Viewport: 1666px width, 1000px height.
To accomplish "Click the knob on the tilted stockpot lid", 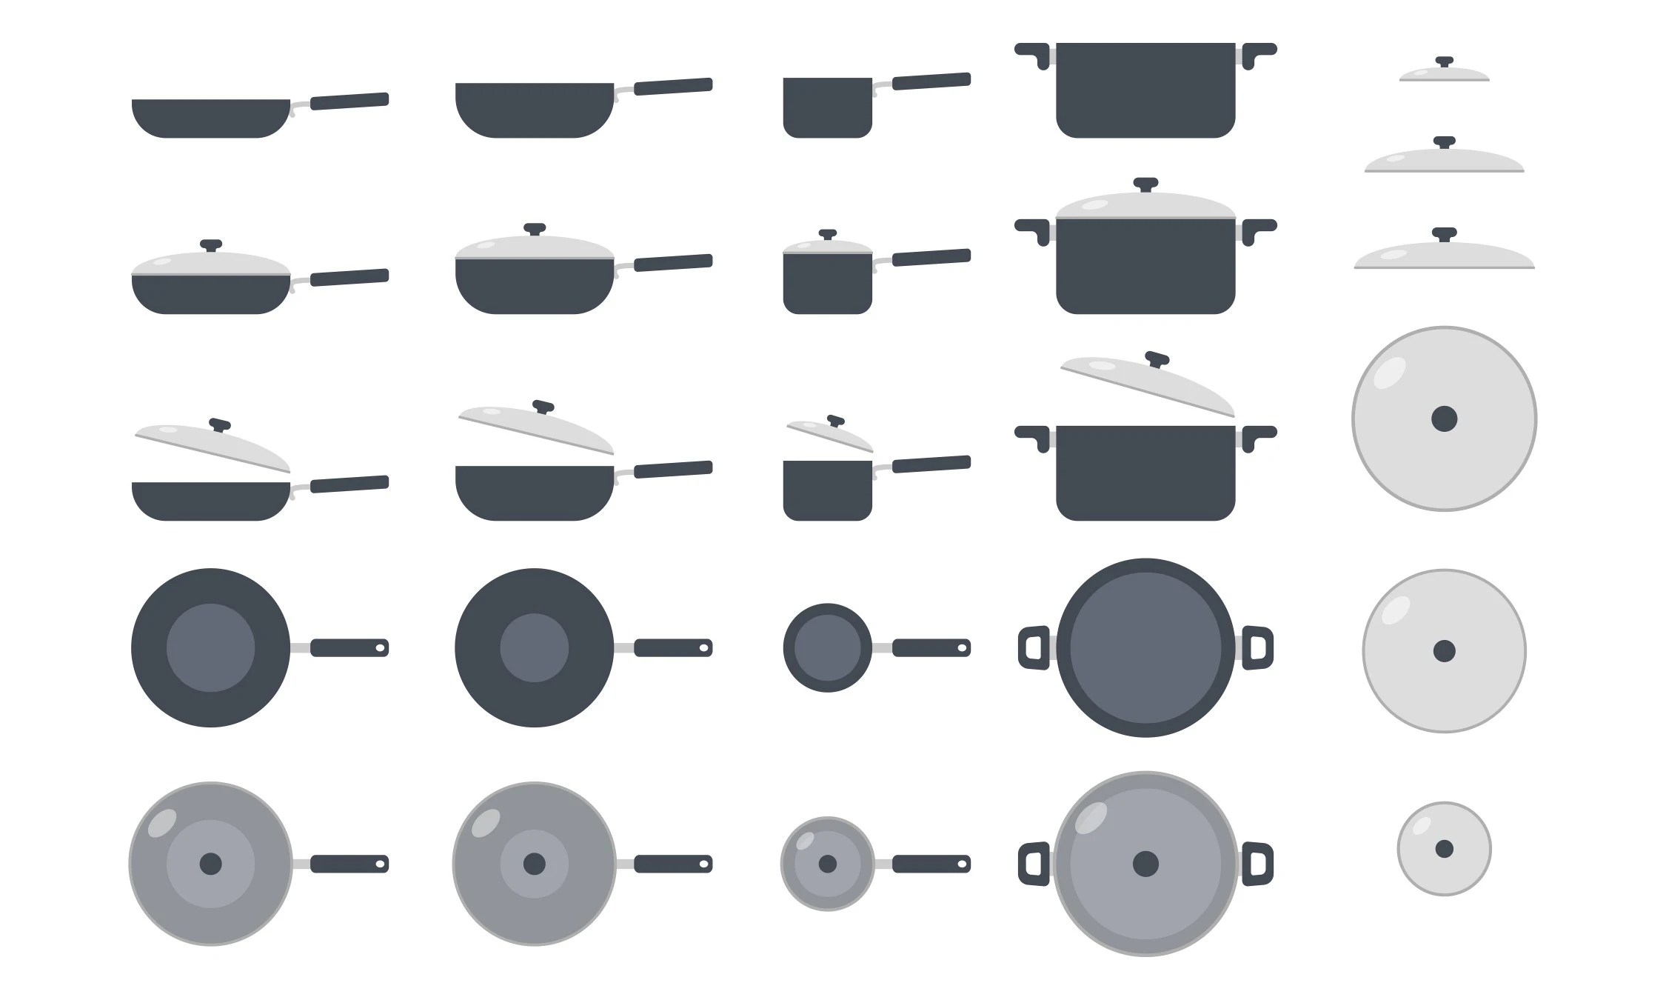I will point(1157,359).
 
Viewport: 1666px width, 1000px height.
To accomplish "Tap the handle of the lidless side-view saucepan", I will point(931,81).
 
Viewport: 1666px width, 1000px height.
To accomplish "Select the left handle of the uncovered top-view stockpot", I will point(1034,647).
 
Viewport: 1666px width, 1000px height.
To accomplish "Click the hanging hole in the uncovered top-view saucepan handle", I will point(962,648).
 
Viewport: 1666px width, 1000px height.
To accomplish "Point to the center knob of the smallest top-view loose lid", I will point(1444,849).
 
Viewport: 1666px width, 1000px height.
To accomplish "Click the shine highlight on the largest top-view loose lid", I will point(1389,373).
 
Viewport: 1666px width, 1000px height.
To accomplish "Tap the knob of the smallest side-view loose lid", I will point(1444,61).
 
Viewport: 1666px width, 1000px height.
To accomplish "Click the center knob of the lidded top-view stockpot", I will point(1145,864).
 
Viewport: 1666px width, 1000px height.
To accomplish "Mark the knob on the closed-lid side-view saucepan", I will point(828,234).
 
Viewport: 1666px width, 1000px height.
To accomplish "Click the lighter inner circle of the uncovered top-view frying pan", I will point(210,647).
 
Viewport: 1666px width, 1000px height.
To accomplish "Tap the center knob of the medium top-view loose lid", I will point(1444,651).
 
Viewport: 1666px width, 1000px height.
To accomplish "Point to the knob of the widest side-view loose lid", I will point(1444,233).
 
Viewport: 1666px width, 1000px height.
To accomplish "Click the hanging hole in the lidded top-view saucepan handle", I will point(962,864).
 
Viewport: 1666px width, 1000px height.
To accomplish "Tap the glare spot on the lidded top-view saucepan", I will point(805,841).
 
